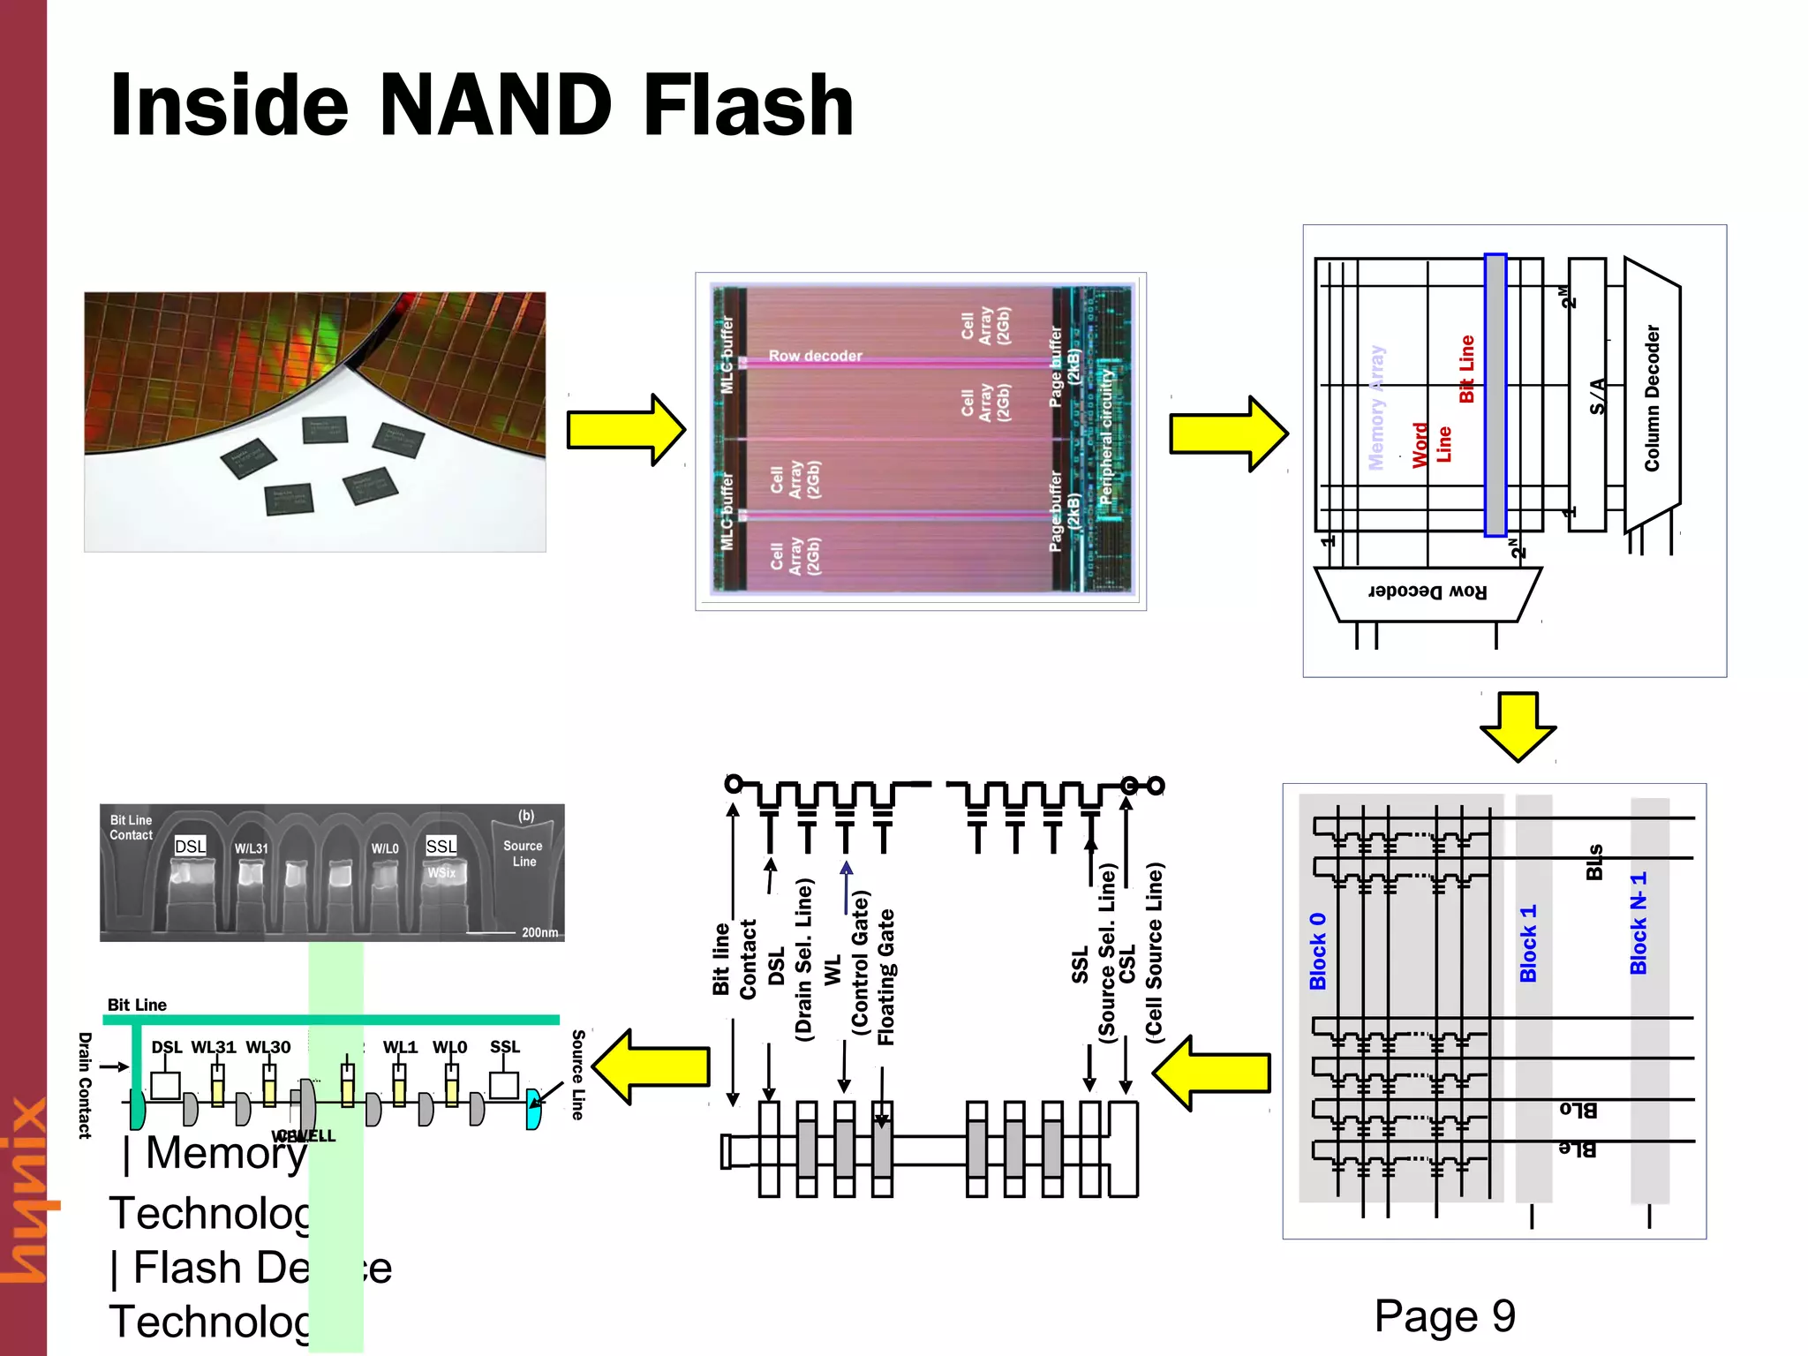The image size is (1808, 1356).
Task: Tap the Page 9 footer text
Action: pyautogui.click(x=1444, y=1316)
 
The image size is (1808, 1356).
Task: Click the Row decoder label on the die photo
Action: pyautogui.click(x=815, y=356)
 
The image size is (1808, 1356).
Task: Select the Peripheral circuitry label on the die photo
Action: pyautogui.click(x=1107, y=437)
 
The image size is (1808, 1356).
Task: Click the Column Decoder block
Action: pyautogui.click(x=1652, y=397)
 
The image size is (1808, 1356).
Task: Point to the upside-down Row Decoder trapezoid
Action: pyautogui.click(x=1428, y=592)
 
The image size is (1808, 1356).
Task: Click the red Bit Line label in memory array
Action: pyautogui.click(x=1466, y=369)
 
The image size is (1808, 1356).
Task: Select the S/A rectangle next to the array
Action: pyautogui.click(x=1587, y=395)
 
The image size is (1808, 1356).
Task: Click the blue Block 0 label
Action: pyautogui.click(x=1317, y=951)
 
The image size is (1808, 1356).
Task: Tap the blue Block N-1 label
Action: pyautogui.click(x=1638, y=923)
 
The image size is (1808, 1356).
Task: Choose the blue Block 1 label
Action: pyautogui.click(x=1528, y=943)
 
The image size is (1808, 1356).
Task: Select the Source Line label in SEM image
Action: pyautogui.click(x=523, y=853)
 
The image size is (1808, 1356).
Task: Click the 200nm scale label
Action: pyautogui.click(x=539, y=932)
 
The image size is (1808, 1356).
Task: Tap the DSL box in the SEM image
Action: pyautogui.click(x=190, y=846)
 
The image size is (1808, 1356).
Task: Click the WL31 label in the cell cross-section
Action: pyautogui.click(x=214, y=1047)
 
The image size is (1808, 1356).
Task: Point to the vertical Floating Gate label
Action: pyautogui.click(x=886, y=976)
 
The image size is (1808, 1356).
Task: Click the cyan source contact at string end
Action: pyautogui.click(x=533, y=1109)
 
